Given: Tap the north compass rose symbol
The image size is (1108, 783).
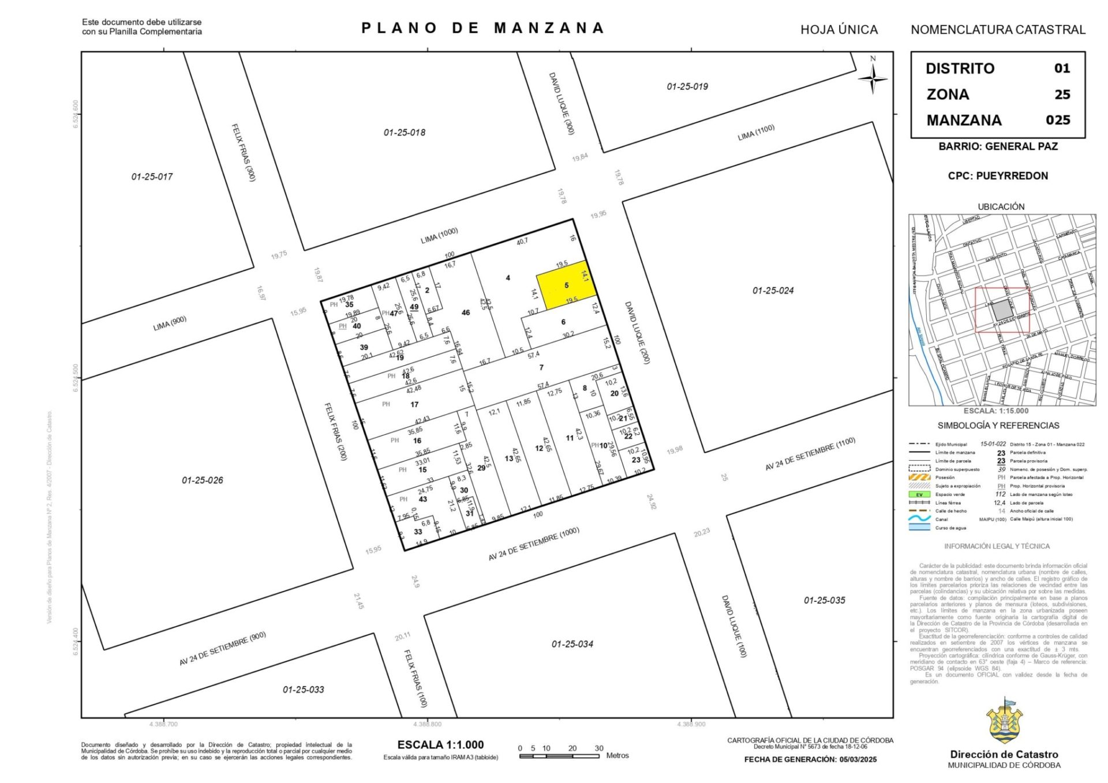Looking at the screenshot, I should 873,77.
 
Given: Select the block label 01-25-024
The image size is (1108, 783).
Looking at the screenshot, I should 773,291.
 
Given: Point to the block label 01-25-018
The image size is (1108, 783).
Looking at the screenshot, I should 405,133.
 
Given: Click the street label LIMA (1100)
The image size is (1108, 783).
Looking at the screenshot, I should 756,133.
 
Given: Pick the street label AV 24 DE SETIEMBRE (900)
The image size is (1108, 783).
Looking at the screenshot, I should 222,649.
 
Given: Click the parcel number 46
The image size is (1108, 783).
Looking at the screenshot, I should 466,313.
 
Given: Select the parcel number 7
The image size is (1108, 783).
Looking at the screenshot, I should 541,367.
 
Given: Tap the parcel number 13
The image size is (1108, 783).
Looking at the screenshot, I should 508,458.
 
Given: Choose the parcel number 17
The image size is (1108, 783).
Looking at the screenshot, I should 414,404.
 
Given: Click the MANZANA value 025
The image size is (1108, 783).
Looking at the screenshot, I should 1058,120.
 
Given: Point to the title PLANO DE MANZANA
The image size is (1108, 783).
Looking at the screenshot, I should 482,28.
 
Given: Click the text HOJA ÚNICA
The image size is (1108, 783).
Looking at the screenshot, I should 839,30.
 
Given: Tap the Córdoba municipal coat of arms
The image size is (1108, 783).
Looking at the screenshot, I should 1004,723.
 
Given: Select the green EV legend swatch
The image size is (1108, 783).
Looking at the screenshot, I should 919,494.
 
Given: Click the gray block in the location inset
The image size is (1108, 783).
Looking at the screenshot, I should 1002,310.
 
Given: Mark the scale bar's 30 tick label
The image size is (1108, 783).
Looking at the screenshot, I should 599,748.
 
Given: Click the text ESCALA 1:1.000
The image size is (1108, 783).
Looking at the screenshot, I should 440,744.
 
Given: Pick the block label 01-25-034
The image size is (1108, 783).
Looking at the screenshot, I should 572,644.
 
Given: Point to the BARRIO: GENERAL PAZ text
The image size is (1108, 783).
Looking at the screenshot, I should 998,146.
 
